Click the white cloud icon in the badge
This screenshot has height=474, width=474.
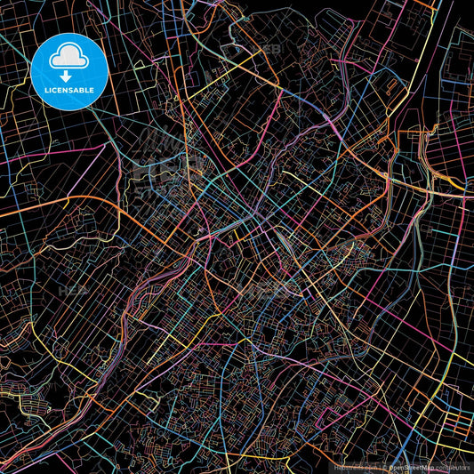68,56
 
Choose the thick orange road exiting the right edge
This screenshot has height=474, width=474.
458,186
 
